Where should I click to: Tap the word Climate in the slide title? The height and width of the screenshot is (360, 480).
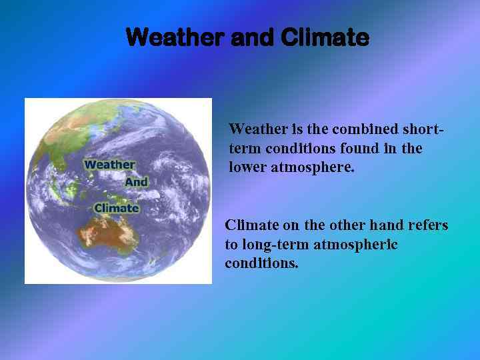tap(325, 37)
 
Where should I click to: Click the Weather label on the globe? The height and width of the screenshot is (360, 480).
tap(109, 165)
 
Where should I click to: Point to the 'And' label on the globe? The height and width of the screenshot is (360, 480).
tap(136, 181)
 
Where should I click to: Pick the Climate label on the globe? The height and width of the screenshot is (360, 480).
tap(117, 207)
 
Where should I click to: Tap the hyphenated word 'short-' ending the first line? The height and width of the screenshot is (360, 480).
tap(423, 129)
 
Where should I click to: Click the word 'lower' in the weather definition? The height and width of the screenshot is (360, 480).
tap(247, 167)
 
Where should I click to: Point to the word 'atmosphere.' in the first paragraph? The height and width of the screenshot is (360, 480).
tap(313, 167)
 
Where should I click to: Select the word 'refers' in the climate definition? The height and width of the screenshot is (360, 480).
tap(427, 225)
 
